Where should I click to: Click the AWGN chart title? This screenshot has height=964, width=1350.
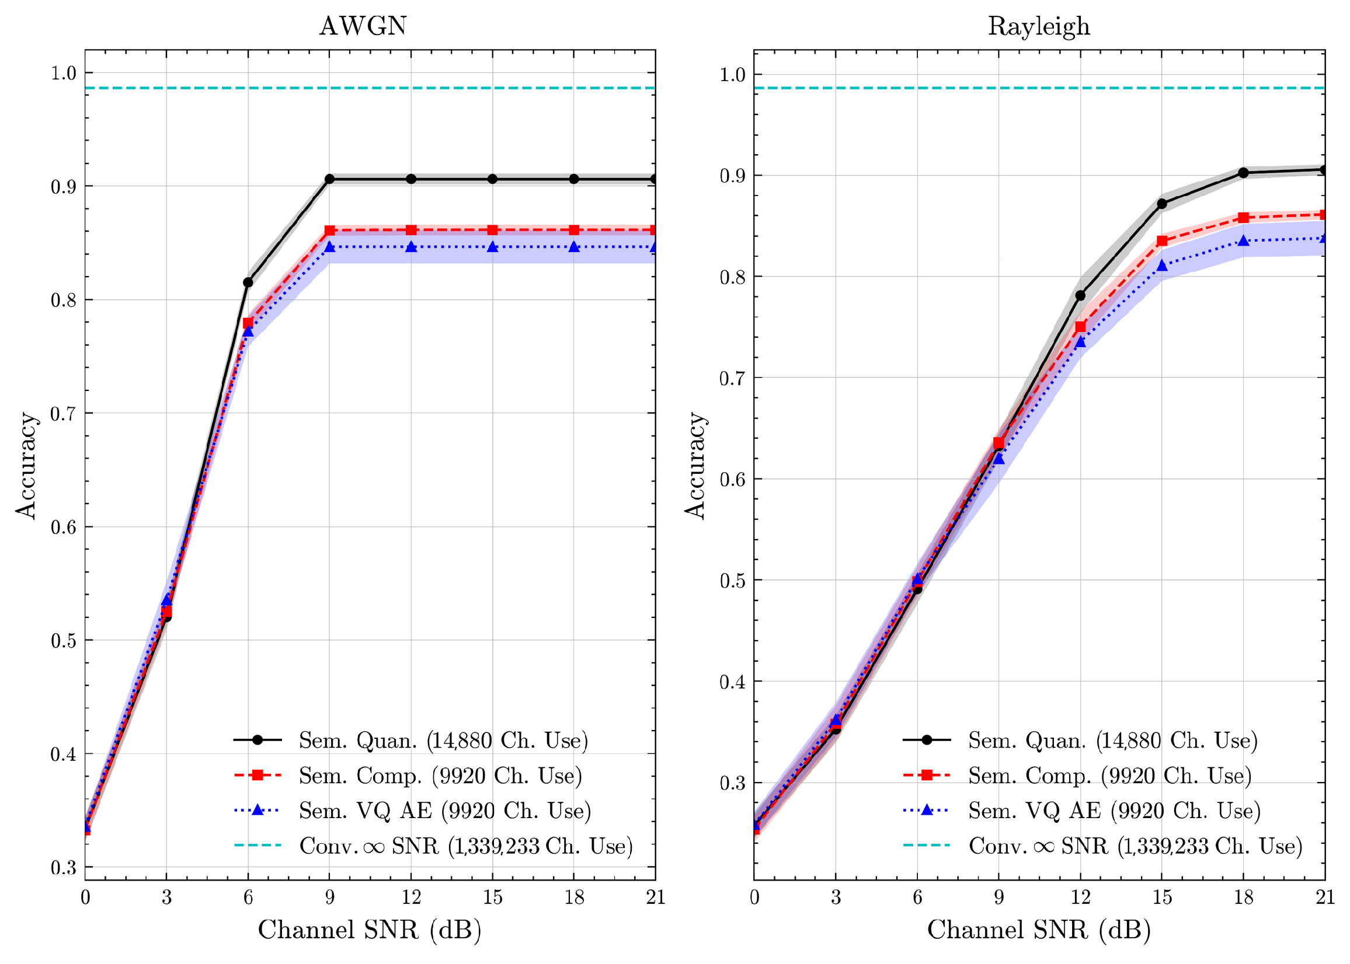coord(363,26)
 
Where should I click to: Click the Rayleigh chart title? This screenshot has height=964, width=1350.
coord(1038,26)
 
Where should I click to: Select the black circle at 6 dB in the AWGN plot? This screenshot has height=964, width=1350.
coord(248,282)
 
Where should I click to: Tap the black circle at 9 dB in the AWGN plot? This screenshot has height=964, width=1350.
coord(330,179)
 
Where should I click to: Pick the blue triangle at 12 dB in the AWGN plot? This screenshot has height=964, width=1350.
coord(411,247)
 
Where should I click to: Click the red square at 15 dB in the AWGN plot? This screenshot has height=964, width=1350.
coord(492,230)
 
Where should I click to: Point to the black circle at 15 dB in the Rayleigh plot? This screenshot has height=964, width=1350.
coord(1162,204)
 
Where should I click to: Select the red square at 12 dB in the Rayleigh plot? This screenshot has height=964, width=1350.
coord(1080,327)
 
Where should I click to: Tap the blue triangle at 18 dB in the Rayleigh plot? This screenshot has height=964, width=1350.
coord(1243,241)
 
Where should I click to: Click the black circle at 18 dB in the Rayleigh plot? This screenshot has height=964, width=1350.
coord(1243,173)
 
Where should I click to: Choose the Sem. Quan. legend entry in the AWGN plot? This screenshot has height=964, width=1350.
coord(443,740)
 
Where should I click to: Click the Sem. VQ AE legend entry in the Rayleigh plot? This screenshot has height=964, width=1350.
coord(1114,811)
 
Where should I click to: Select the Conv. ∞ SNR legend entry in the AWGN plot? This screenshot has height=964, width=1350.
coord(465,846)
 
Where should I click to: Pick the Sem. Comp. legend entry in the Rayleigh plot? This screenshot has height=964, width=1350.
coord(1109,776)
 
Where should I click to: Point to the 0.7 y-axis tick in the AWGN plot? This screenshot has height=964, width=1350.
coord(64,413)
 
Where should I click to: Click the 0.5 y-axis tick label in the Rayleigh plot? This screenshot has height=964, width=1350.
coord(732,580)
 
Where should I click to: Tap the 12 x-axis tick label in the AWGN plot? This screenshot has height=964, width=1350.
coord(411,897)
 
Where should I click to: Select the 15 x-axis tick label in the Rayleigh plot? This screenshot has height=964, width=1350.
coord(1162,897)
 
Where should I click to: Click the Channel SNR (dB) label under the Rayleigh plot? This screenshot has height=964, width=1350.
coord(1039,930)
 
